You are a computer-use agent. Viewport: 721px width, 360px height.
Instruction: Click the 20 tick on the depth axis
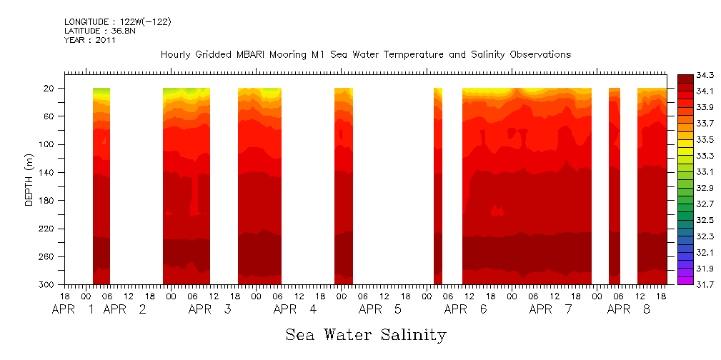tap(49, 89)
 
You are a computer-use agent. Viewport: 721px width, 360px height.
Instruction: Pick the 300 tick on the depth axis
tap(46, 285)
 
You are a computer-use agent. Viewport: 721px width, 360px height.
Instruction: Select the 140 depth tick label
tap(46, 173)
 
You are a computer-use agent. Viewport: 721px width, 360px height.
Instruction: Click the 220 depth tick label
tap(46, 229)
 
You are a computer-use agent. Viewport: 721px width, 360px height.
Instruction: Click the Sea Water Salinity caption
tap(366, 334)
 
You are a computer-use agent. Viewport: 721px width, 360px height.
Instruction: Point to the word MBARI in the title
tap(253, 55)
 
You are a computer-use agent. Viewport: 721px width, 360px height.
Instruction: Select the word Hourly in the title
tap(177, 55)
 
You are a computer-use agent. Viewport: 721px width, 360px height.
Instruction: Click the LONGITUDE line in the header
tap(117, 22)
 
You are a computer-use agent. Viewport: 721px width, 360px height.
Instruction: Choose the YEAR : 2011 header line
tap(89, 40)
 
